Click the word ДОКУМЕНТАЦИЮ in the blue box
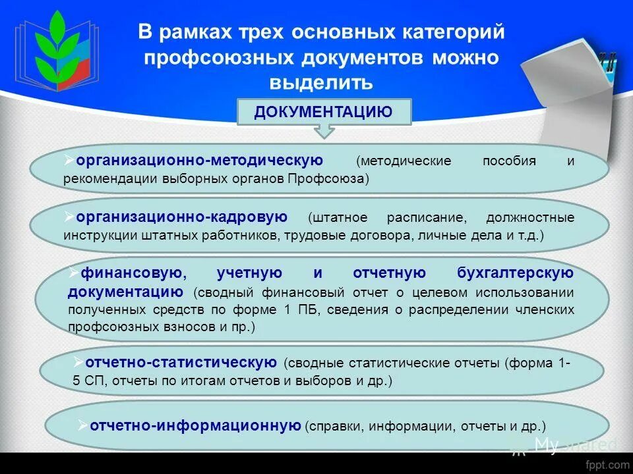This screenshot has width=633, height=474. pyautogui.click(x=323, y=112)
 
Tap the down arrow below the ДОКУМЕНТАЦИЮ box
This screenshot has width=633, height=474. pyautogui.click(x=324, y=131)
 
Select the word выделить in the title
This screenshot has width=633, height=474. pyautogui.click(x=321, y=83)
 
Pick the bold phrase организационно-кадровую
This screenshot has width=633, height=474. pyautogui.click(x=181, y=217)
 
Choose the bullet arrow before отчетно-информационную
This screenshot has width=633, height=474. pyautogui.click(x=82, y=425)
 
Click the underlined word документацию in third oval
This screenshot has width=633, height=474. pyautogui.click(x=125, y=292)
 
